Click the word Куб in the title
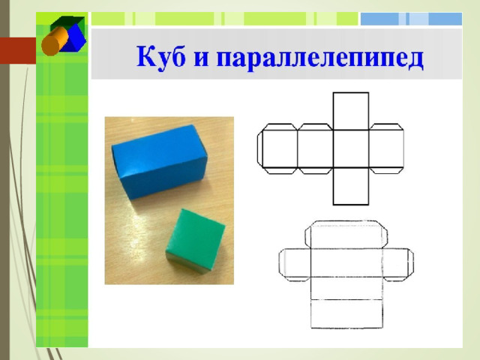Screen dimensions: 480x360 (160, 58)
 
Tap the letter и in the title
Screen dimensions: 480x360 (202, 58)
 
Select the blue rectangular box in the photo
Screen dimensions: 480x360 (160, 161)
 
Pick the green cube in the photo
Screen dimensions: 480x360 (195, 241)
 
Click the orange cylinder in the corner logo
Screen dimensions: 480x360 (54, 41)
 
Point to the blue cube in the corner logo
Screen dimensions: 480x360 (74, 37)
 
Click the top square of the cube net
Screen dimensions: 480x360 (351, 112)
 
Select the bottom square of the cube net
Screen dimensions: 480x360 (351, 186)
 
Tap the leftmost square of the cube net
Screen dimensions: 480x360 (280, 149)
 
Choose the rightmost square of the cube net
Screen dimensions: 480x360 (386, 149)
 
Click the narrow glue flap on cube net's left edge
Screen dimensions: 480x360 (260, 149)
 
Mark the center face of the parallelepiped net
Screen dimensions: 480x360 (346, 262)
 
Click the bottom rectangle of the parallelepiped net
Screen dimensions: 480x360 (346, 313)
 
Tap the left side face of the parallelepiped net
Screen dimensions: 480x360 (298, 262)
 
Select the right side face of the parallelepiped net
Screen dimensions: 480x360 (396, 262)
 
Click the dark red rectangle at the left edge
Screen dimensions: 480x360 (18, 51)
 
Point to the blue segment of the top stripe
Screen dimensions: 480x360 (411, 19)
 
